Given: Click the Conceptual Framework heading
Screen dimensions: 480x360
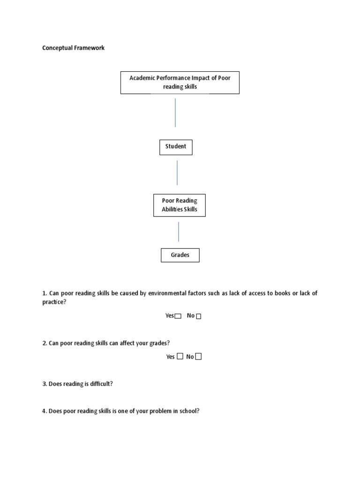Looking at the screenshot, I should (73, 48).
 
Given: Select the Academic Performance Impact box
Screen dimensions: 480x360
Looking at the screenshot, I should (180, 82).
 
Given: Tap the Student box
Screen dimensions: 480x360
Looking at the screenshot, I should (176, 147).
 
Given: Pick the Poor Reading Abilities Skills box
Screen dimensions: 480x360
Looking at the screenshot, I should (180, 205).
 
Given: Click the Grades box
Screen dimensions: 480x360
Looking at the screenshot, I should (180, 255).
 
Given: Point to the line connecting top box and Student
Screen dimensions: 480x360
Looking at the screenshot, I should (175, 112).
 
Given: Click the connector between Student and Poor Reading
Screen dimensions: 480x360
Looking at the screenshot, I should (177, 172).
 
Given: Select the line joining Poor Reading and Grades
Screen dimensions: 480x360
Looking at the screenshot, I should (179, 232).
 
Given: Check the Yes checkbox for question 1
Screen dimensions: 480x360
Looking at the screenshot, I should (178, 316).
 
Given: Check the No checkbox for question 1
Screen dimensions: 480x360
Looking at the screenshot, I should (199, 316).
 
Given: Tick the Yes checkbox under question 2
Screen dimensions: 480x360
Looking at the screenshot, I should (180, 357).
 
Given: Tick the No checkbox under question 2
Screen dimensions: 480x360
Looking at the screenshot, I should (199, 357).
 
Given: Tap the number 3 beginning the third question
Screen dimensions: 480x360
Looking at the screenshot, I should (44, 384).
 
